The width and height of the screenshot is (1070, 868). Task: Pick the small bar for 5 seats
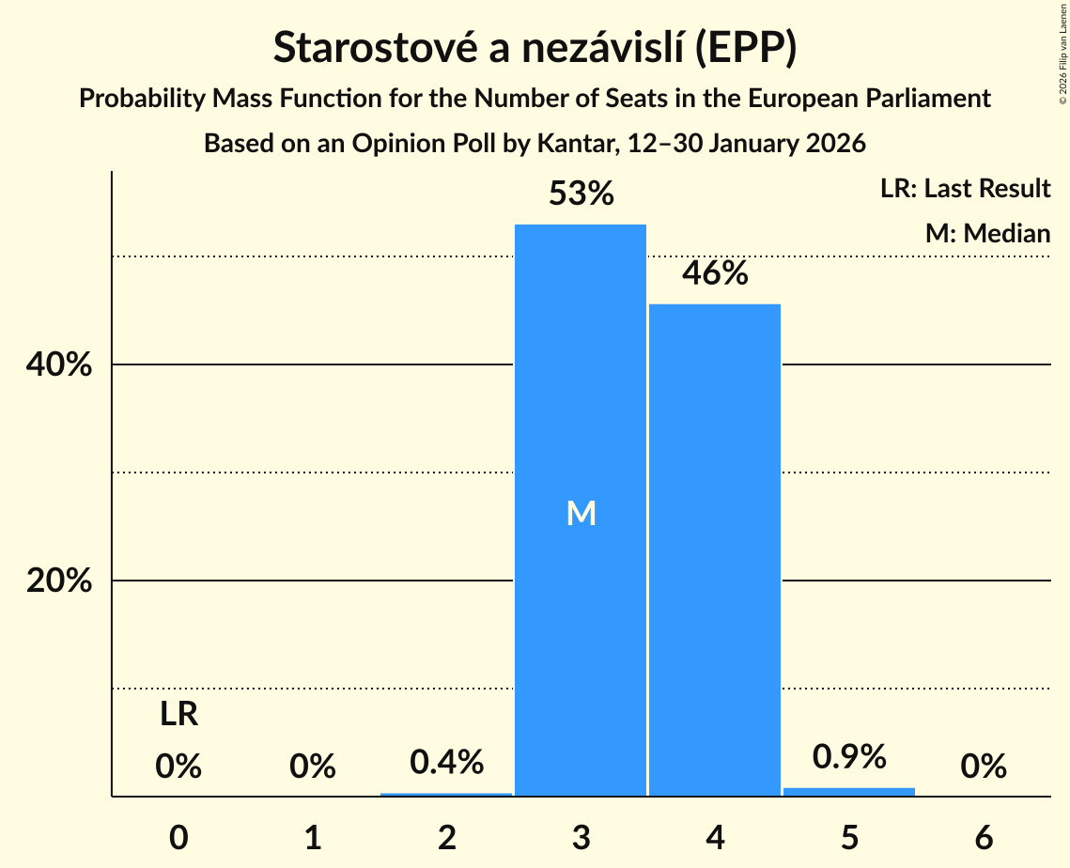(849, 791)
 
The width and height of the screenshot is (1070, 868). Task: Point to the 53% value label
(581, 194)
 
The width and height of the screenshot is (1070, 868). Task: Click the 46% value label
(715, 274)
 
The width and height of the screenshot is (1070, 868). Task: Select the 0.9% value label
(849, 755)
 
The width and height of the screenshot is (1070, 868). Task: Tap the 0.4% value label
(447, 761)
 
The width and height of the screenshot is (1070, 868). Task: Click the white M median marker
(581, 513)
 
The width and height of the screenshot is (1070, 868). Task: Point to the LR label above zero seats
(178, 715)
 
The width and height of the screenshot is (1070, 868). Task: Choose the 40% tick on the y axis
(59, 365)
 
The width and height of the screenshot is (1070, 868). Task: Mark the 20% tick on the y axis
(59, 581)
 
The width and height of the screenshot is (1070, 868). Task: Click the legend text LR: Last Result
(965, 189)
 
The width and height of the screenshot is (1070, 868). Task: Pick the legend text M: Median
(987, 233)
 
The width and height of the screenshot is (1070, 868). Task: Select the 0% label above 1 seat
(313, 767)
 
